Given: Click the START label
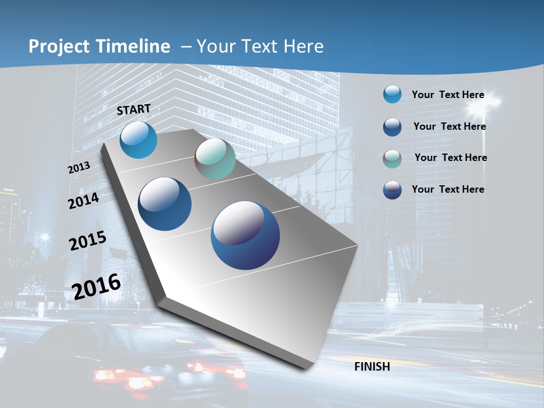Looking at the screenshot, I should point(134,109).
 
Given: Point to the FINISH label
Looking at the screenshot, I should point(372,367).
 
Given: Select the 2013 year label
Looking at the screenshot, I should point(79,168).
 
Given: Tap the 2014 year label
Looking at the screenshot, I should point(83,201).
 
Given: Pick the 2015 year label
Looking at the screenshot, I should point(87,241).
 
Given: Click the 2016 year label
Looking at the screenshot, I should point(96,286).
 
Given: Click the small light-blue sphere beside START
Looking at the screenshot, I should point(139,140).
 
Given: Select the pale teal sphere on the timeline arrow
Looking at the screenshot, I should point(215,159).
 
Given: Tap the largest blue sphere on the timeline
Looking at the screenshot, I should point(245,235).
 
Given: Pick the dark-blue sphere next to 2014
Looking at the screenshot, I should point(165,204).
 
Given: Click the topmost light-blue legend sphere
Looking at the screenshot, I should point(392,95).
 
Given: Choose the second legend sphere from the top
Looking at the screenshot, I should point(392,127).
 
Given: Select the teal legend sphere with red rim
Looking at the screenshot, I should point(392,159).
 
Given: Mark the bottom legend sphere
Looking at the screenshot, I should point(392,190).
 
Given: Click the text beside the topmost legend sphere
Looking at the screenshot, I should point(448,95).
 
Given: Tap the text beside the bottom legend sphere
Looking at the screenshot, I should point(448,189).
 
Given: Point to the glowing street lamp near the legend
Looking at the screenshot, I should point(490,102).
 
